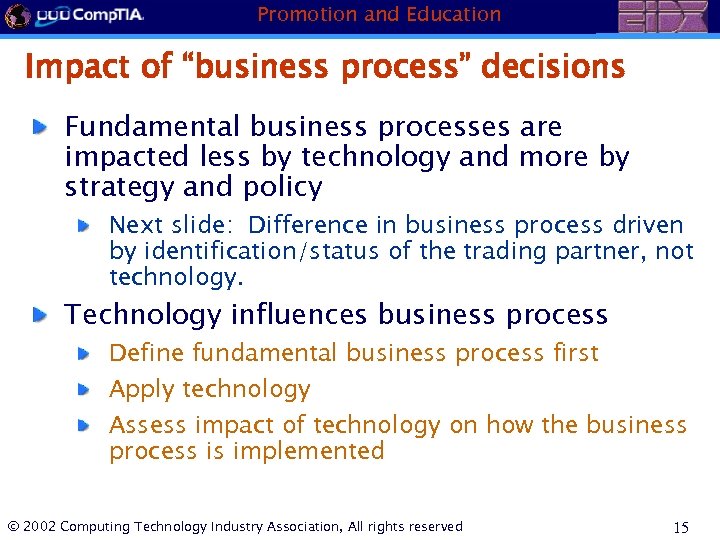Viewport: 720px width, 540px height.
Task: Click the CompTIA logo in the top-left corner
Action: click(74, 16)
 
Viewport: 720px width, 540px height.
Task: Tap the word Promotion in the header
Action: click(305, 14)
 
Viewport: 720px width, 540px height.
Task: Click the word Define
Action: click(147, 353)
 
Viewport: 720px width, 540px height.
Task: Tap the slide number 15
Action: click(681, 527)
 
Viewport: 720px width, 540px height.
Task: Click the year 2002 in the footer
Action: click(39, 526)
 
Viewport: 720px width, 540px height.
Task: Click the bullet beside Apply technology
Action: click(87, 389)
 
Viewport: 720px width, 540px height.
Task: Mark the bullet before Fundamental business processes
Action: click(38, 128)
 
